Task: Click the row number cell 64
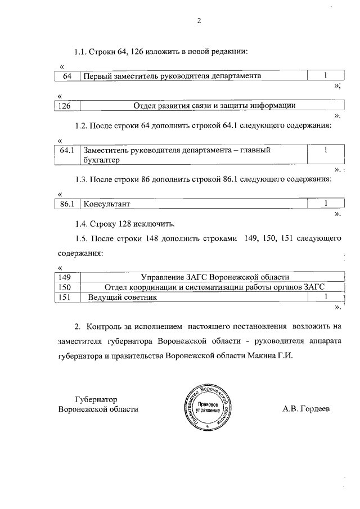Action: (x=67, y=75)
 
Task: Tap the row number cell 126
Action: (x=67, y=105)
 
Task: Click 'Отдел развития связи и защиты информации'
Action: (x=214, y=105)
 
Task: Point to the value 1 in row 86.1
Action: (x=326, y=203)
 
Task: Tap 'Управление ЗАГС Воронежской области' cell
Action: (x=214, y=277)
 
